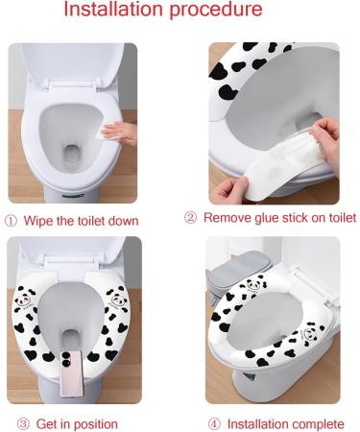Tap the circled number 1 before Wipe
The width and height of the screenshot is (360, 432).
(x=11, y=220)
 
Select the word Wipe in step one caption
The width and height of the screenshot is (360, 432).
(x=38, y=220)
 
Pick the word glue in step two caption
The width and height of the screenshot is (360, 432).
(x=271, y=218)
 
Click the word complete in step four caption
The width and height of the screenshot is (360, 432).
(x=318, y=423)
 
